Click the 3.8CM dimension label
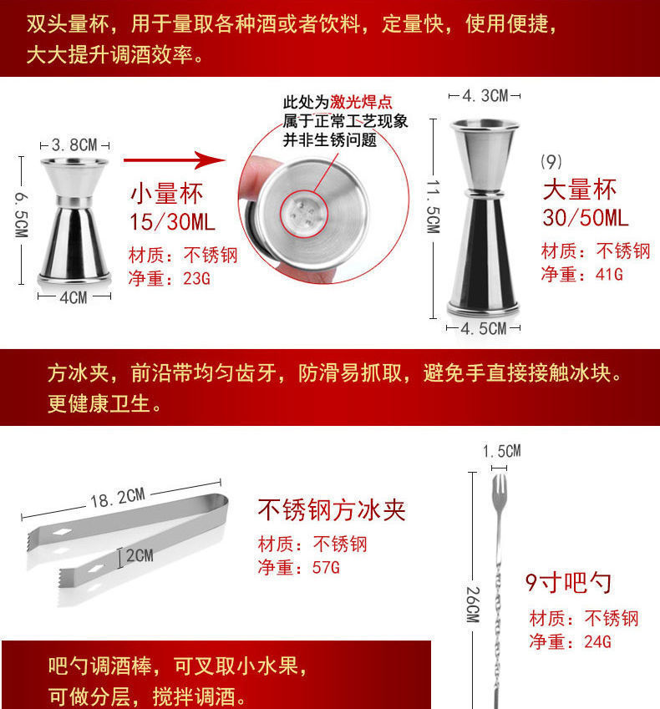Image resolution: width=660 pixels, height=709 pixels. coord(74,144)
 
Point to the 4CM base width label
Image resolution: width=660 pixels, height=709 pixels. coord(73,297)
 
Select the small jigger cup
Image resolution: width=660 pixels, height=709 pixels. coord(74,219)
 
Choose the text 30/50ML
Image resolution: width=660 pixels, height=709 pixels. coord(586,219)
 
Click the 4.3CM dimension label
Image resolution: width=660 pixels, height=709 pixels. coord(485,95)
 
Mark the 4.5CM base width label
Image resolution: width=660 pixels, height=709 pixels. coord(485,328)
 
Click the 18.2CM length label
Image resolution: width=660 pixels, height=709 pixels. coord(117,499)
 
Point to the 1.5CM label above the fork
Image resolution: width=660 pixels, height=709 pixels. coord(501,452)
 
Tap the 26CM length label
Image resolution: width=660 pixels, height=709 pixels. coord(472,603)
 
